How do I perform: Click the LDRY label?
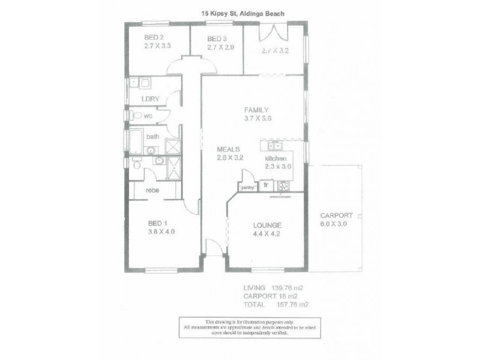point(149,98)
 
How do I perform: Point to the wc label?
point(147,116)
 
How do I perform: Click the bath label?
point(153,137)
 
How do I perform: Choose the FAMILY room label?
point(256,110)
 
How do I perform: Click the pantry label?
point(247,188)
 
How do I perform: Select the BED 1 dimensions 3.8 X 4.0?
point(161,231)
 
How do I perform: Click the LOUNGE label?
point(267,225)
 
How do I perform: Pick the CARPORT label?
point(336,215)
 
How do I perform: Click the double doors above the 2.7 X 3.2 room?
point(273,31)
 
